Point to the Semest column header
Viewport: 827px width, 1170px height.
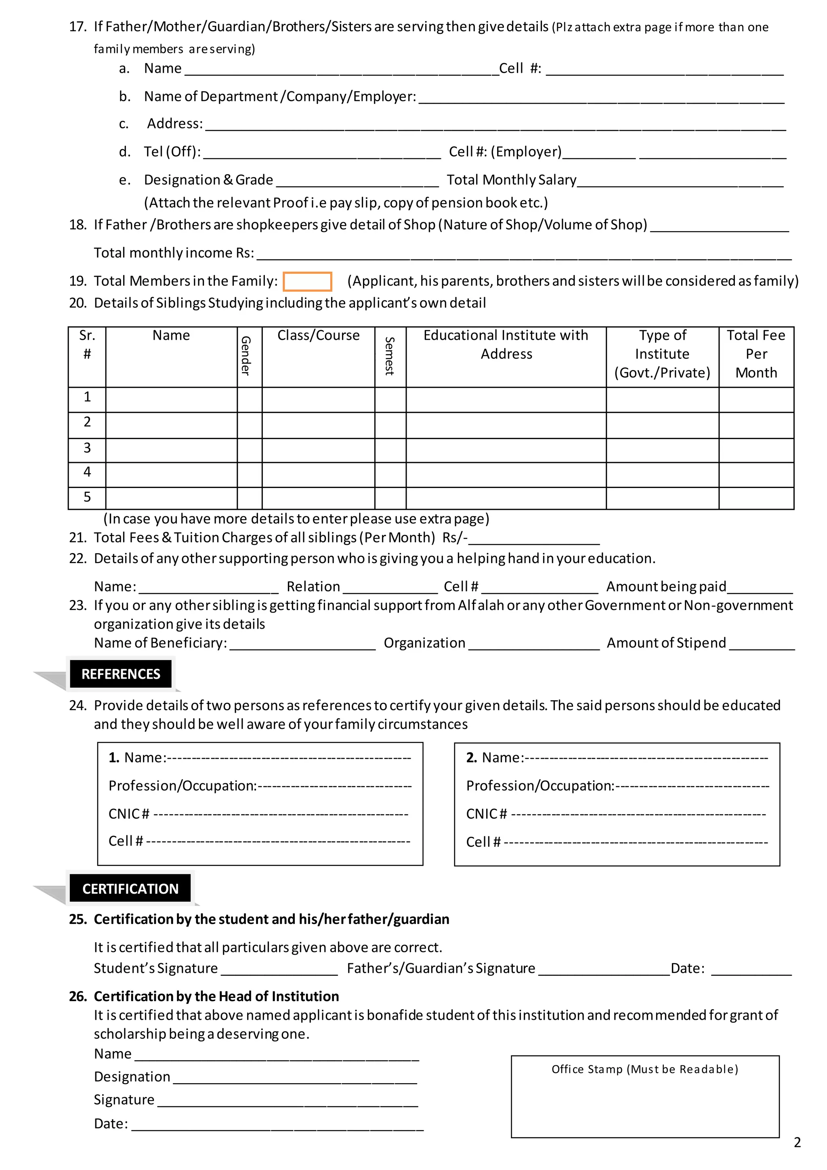(390, 356)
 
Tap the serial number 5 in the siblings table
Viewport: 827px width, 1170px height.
(87, 497)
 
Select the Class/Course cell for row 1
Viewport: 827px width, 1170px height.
(318, 400)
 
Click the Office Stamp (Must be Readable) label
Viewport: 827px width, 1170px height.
(645, 1069)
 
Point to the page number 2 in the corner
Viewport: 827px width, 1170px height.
(797, 1142)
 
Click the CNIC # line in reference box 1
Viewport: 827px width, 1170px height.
(280, 814)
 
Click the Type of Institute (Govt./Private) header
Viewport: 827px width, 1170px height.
(662, 354)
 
